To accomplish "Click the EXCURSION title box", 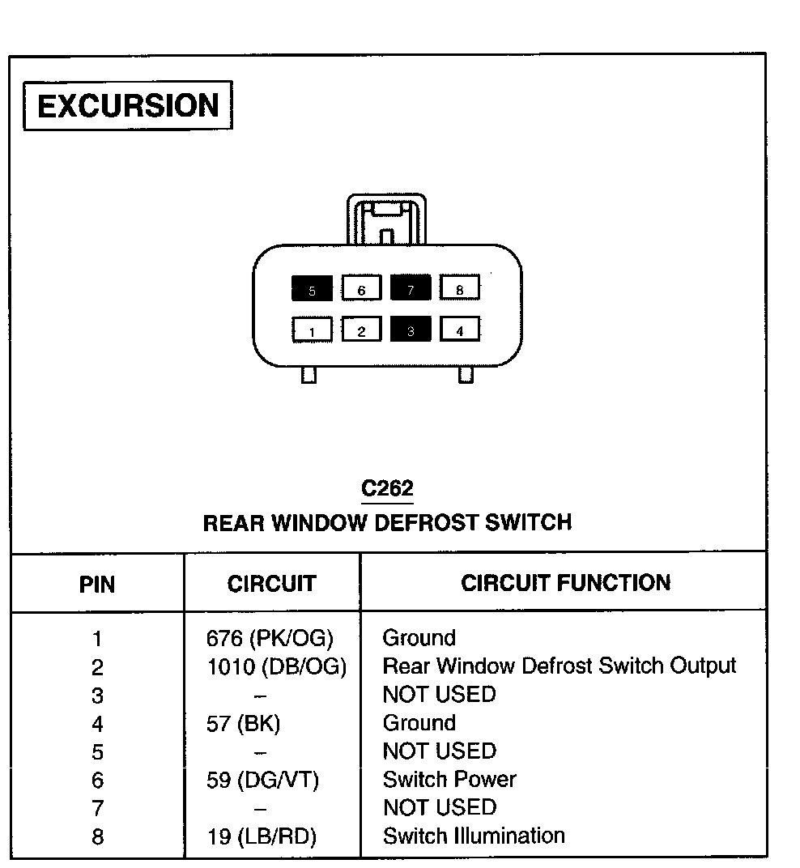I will pyautogui.click(x=128, y=106).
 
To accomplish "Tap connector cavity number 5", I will pyautogui.click(x=312, y=288).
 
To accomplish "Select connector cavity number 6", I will pyautogui.click(x=361, y=288).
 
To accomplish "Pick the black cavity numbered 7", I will pyautogui.click(x=411, y=288).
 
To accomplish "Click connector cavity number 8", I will pyautogui.click(x=460, y=288).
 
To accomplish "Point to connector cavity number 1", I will pyautogui.click(x=312, y=330).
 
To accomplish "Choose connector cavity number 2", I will pyautogui.click(x=361, y=330).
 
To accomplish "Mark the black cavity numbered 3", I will pyautogui.click(x=411, y=330).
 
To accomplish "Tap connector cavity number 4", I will pyautogui.click(x=460, y=330).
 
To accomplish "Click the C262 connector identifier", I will pyautogui.click(x=387, y=488).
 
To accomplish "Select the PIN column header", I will pyautogui.click(x=97, y=584).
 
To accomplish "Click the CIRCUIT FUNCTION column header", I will pyautogui.click(x=565, y=583).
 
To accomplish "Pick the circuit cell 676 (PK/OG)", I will pyautogui.click(x=270, y=639).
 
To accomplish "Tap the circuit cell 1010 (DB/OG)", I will pyautogui.click(x=276, y=667).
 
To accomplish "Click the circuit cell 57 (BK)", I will pyautogui.click(x=244, y=723).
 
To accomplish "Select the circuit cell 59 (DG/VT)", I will pyautogui.click(x=263, y=780).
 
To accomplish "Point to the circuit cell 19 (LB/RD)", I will pyautogui.click(x=262, y=836).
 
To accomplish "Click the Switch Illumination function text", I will pyautogui.click(x=474, y=836).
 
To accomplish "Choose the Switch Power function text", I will pyautogui.click(x=449, y=779).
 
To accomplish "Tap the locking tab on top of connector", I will pyautogui.click(x=386, y=219).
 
